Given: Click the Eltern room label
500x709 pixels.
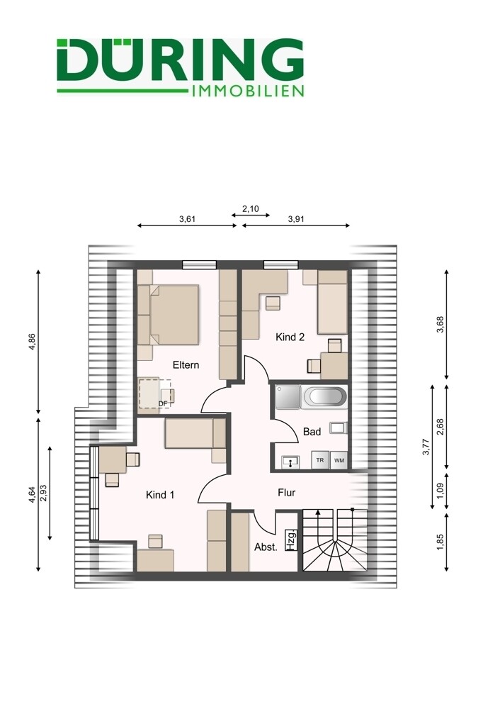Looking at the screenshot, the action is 186,365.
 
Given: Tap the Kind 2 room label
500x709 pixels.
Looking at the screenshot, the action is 290,337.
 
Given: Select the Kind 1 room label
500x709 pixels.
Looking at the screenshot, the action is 160,495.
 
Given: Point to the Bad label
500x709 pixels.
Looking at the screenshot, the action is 312,432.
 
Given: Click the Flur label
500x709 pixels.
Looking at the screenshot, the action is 286,493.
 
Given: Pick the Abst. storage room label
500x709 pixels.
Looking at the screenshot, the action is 266,547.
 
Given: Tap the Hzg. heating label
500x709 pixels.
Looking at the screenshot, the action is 291,540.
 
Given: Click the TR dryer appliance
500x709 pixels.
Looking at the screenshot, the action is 320,460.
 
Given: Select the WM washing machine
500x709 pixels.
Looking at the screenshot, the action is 339,460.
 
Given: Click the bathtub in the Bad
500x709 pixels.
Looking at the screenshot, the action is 325,397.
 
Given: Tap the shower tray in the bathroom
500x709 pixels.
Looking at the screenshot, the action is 288,397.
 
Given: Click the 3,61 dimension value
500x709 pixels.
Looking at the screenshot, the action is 187,219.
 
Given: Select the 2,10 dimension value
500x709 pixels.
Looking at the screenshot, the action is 251,209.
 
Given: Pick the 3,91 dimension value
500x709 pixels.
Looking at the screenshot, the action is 296,219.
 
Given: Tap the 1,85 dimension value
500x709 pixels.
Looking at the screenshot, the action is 441,542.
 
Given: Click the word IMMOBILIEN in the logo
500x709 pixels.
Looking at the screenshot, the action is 248,91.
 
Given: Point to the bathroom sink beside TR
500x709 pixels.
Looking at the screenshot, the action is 290,462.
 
